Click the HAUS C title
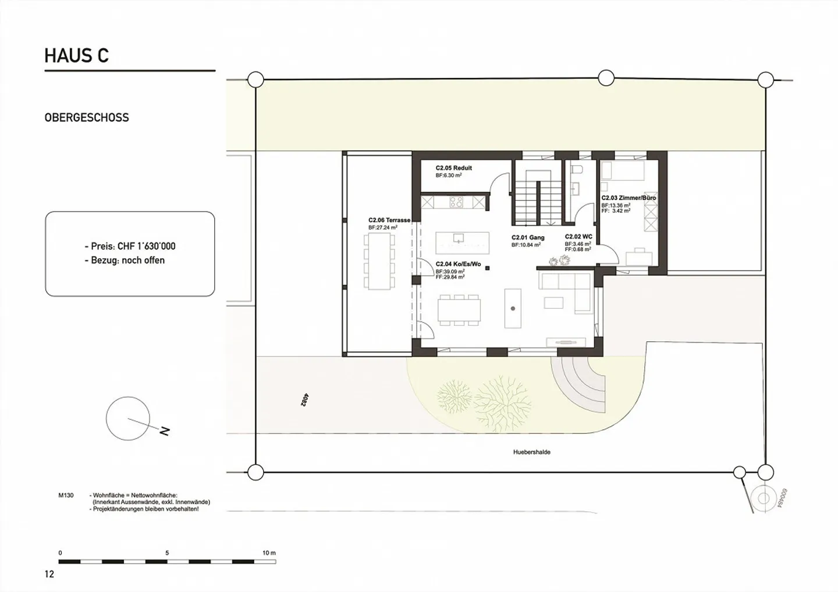point(77,56)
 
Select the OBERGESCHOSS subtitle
point(87,117)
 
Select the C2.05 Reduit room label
point(453,168)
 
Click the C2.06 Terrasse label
point(389,220)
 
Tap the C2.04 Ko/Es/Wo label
point(458,264)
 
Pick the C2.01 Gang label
point(528,238)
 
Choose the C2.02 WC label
point(578,237)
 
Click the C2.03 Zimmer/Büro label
point(628,198)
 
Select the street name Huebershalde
point(531,452)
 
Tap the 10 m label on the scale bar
point(268,553)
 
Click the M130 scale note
point(66,495)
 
